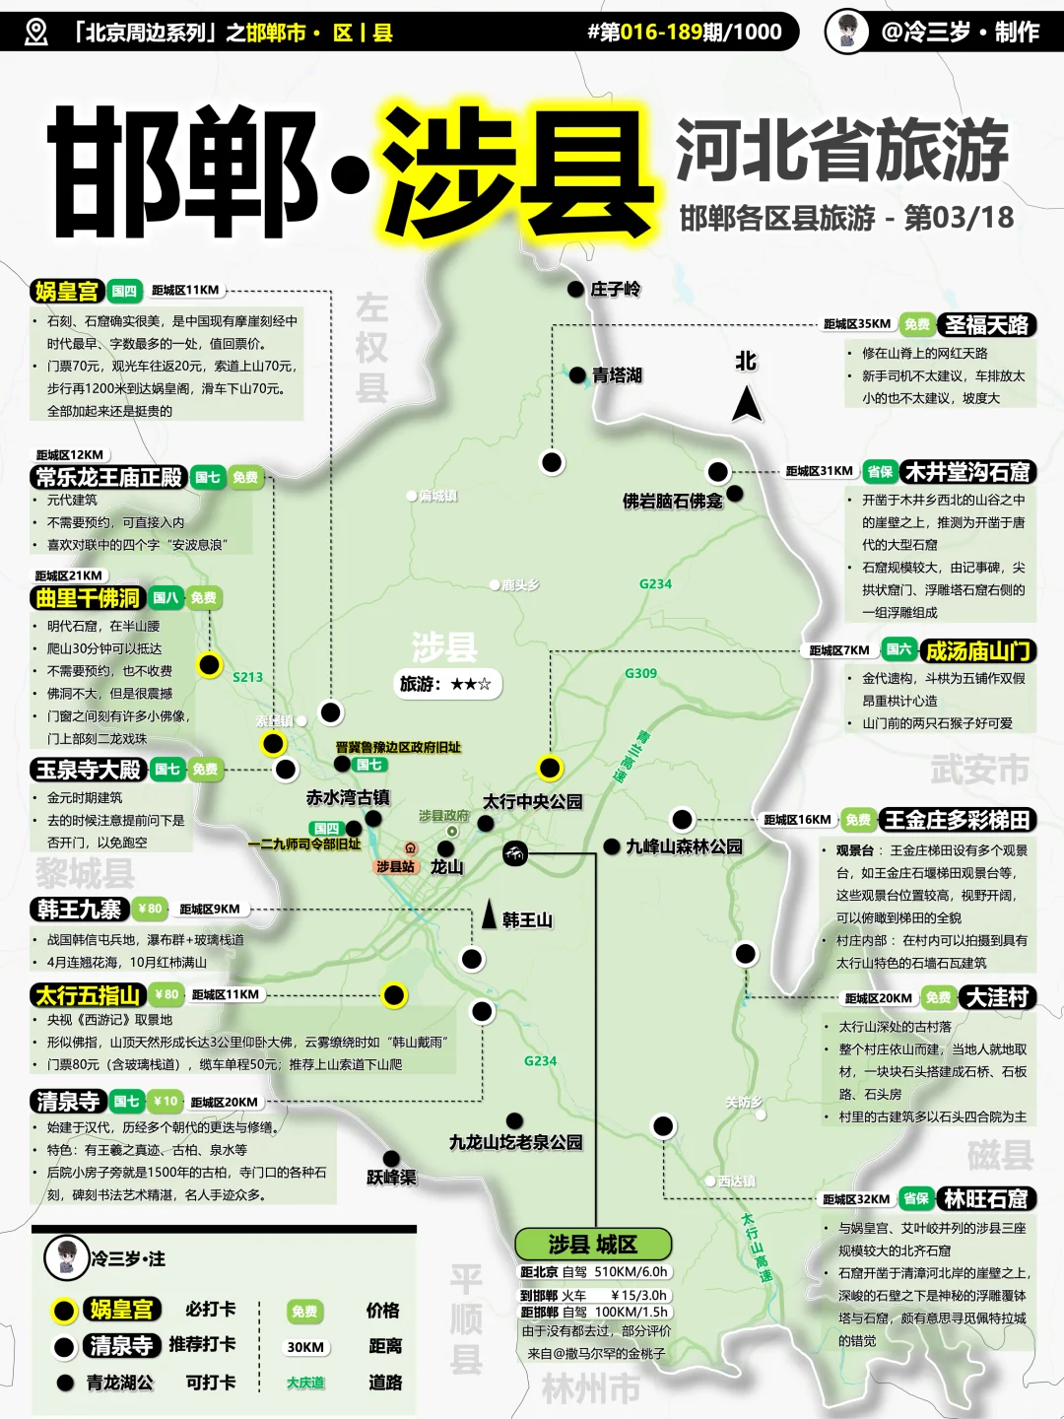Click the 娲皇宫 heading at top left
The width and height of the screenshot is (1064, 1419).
[x=66, y=291]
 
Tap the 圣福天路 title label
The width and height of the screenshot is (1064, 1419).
[x=986, y=324]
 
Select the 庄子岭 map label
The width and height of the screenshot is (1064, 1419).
[x=616, y=289]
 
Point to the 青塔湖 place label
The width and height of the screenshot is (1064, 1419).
[x=617, y=375]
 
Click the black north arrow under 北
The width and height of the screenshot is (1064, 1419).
[x=747, y=403]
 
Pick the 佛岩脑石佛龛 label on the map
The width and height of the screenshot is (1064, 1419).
[x=672, y=501]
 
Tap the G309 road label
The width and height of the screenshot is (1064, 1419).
[x=640, y=673]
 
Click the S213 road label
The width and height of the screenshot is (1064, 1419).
[x=247, y=677]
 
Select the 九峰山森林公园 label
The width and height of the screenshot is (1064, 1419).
[x=684, y=846]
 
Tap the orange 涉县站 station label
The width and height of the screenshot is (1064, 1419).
[x=395, y=867]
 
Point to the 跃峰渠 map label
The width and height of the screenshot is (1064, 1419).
[x=391, y=1177]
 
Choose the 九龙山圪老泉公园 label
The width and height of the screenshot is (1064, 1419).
[x=515, y=1142]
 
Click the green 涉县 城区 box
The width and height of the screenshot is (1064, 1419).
[x=592, y=1244]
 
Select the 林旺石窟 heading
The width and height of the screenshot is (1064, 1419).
[x=985, y=1198]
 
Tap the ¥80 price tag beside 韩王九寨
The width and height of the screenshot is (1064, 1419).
[x=150, y=909]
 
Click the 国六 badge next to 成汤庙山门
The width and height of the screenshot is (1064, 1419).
[x=898, y=649]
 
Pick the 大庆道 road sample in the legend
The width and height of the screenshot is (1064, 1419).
[x=305, y=1383]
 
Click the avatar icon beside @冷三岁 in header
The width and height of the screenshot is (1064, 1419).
[x=846, y=32]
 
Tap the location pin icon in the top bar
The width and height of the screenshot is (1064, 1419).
[x=35, y=32]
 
